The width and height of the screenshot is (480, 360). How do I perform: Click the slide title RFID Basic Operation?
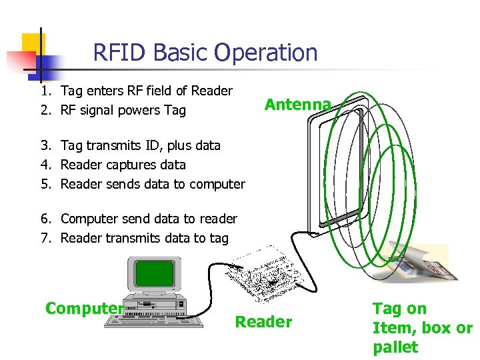[x=205, y=53]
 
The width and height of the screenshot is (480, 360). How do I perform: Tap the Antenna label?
[x=297, y=105]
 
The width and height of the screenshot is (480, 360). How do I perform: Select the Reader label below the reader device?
[x=263, y=322]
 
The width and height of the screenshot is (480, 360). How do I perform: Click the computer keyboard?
[x=154, y=321]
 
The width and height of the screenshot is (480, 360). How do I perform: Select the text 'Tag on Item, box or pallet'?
[x=422, y=328]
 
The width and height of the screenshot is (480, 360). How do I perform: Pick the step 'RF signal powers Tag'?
[x=123, y=111]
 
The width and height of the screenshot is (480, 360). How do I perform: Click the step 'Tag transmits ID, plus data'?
[x=140, y=145]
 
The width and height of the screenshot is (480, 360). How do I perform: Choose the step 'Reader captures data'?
[x=123, y=165]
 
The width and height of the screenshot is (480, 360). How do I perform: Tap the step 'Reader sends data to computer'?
[x=152, y=184]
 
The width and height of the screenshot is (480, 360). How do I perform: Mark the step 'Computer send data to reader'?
[x=148, y=219]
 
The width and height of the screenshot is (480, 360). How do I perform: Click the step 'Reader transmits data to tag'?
[x=144, y=238]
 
